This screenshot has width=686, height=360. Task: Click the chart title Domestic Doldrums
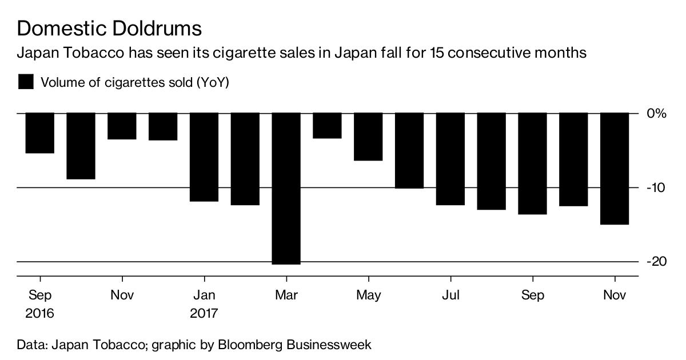(x=109, y=27)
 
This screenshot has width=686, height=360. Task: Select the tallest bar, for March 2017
(x=286, y=188)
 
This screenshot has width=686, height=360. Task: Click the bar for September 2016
(x=40, y=133)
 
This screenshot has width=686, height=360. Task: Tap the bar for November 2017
(x=615, y=169)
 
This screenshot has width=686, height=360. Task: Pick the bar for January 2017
(x=204, y=157)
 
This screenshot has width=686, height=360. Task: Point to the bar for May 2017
(x=368, y=137)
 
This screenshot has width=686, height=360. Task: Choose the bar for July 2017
(x=450, y=159)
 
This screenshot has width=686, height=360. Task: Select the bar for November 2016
(x=122, y=126)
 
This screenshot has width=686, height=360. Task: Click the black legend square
(x=26, y=82)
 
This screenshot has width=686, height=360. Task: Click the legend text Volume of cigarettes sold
(x=134, y=82)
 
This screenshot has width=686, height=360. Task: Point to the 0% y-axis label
(x=656, y=113)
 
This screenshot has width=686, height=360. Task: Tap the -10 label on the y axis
(x=656, y=188)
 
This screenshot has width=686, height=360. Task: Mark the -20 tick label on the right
(x=656, y=261)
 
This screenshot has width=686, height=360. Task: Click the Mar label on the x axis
(x=286, y=295)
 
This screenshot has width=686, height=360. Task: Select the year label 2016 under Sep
(x=39, y=314)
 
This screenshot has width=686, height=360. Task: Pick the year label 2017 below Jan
(x=204, y=314)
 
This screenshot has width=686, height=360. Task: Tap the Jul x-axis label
(x=450, y=295)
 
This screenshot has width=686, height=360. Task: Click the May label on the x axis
(x=368, y=295)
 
